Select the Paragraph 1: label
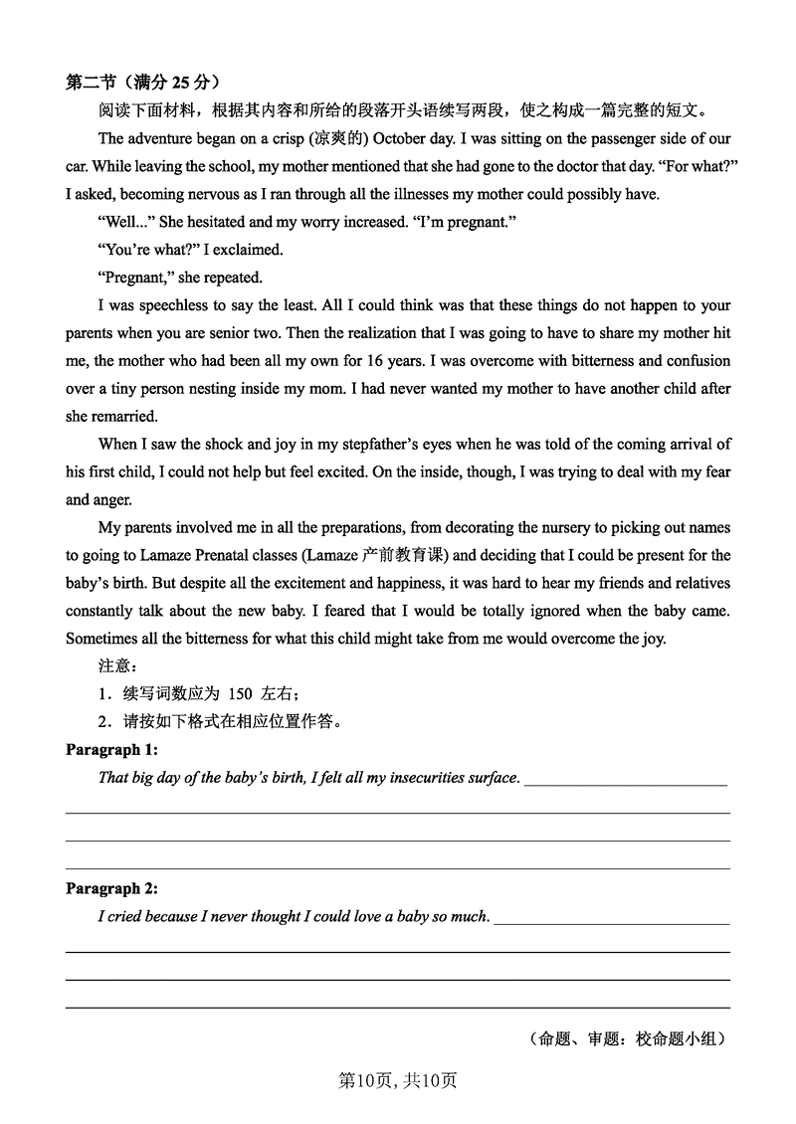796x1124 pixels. coord(111,749)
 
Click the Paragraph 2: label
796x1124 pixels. coord(111,888)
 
